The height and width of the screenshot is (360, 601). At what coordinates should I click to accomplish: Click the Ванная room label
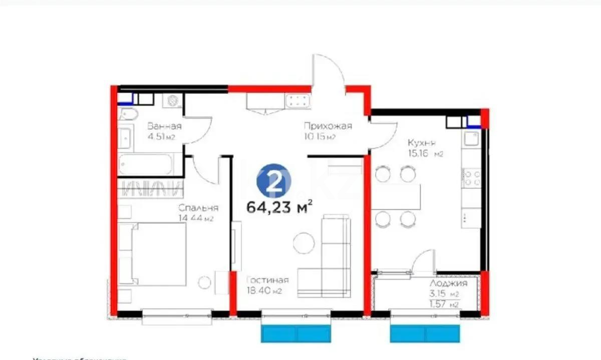pos(164,127)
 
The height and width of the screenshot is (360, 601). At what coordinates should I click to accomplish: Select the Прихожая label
pos(328,126)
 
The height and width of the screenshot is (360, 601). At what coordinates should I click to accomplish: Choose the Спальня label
pos(198,208)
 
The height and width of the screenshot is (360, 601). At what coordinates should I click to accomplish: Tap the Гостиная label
pos(268,280)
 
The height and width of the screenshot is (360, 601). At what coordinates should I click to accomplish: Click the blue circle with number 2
pos(273,181)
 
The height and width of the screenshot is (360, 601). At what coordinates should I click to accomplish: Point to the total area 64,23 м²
pos(279,206)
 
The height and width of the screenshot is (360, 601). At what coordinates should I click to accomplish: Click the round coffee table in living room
pos(304,243)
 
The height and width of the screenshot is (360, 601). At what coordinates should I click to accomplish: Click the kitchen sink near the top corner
pos(472,138)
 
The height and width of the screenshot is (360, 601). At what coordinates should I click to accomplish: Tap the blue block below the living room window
pos(295,333)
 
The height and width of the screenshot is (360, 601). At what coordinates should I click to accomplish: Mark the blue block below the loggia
pos(425,333)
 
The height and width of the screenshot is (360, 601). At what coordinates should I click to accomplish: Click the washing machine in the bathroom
pos(173,101)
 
